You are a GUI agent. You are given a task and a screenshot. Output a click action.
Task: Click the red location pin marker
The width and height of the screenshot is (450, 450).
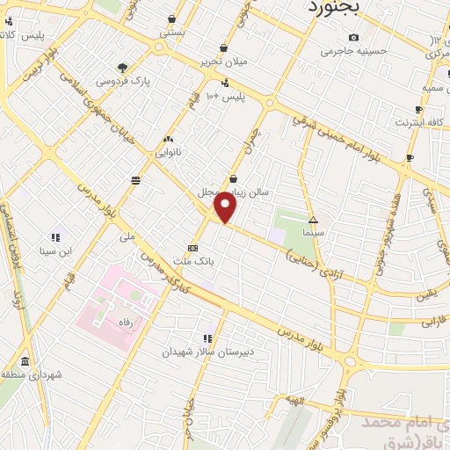point(226,207)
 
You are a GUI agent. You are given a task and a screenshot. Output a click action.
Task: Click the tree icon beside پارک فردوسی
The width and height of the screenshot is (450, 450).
point(123,67)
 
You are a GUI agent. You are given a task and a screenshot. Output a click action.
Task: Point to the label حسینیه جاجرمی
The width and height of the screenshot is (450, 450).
point(354,51)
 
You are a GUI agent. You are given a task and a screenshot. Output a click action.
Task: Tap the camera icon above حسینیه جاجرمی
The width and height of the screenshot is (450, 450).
point(353,37)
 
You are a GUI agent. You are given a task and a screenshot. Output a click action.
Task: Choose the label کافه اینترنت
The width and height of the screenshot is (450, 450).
point(416,122)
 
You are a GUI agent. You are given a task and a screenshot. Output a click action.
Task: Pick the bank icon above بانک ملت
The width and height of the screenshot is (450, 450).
point(192,248)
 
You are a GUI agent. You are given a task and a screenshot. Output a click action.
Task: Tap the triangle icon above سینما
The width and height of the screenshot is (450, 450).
point(313,220)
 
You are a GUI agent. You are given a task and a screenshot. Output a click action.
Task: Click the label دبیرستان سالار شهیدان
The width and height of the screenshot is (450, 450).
point(194,351)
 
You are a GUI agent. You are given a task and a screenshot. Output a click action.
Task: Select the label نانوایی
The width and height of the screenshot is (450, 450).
point(168,151)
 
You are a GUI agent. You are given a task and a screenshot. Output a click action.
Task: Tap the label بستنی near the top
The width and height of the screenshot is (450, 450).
point(172,33)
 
